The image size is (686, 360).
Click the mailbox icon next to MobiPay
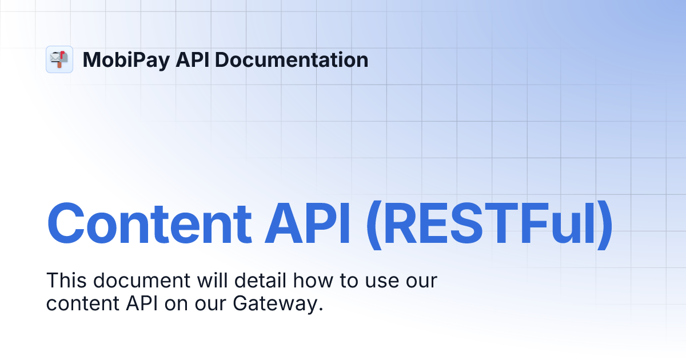59,59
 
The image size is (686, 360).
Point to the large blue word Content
149,225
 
